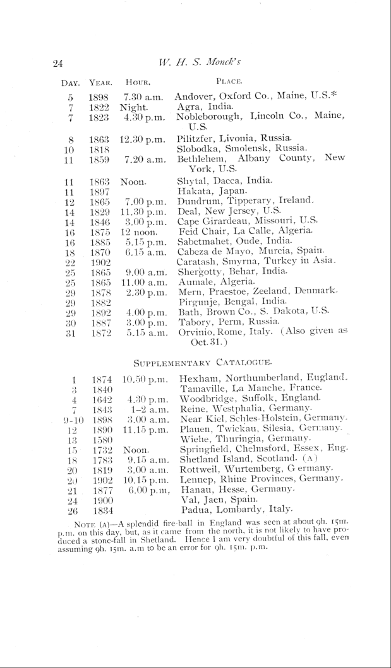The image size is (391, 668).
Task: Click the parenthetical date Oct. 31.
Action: (x=208, y=343)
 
